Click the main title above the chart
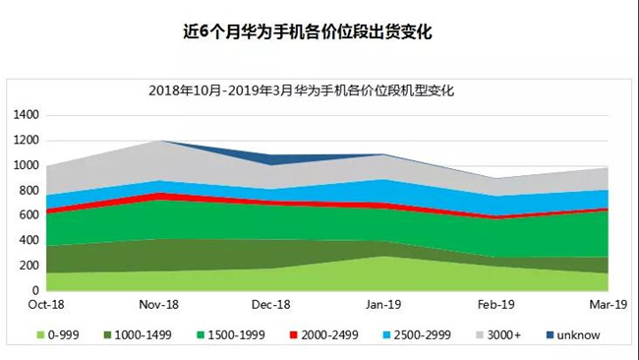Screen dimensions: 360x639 pos(319,31)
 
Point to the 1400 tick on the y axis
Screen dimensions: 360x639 pos(27,115)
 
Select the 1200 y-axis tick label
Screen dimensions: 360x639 pos(27,141)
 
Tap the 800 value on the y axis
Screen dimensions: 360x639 pos(29,191)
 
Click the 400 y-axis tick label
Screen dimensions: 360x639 pos(29,241)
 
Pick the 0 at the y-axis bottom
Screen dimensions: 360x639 pos(35,291)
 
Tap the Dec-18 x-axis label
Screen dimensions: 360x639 pos(272,306)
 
